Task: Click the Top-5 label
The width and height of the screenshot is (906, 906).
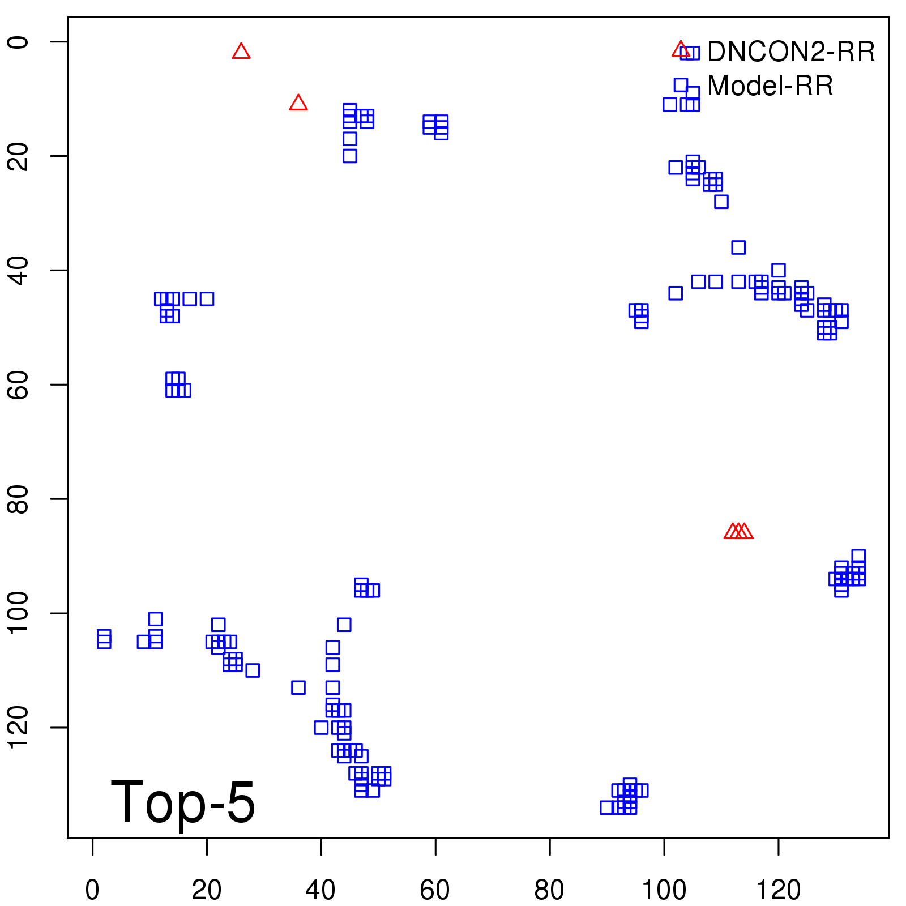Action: click(x=183, y=802)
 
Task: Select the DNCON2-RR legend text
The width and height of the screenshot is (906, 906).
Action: click(x=791, y=52)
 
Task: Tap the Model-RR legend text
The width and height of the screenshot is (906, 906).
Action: click(x=770, y=86)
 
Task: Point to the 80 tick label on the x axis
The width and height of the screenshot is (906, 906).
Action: click(x=549, y=890)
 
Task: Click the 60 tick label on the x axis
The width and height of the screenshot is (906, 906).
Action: click(x=435, y=890)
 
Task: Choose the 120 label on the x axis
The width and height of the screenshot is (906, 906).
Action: click(x=778, y=890)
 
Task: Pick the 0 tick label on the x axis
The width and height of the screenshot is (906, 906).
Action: click(x=92, y=890)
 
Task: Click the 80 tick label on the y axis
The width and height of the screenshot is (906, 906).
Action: click(x=18, y=499)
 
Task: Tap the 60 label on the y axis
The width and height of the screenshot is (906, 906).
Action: click(x=18, y=384)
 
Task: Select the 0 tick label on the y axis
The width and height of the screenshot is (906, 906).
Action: click(x=18, y=42)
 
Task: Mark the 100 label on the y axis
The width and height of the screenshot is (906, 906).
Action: click(x=18, y=613)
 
